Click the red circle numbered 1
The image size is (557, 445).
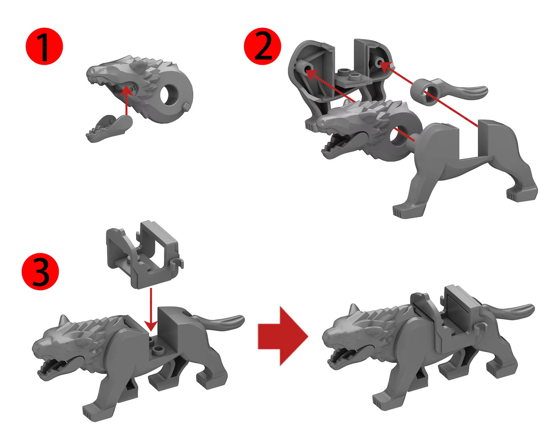[44, 46]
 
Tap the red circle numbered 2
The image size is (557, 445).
[263, 46]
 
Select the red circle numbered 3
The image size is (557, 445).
[40, 271]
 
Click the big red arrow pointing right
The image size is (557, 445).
[283, 336]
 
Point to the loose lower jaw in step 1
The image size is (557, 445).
[109, 129]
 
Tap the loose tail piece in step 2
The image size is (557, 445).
[448, 90]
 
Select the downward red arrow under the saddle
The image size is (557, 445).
[151, 310]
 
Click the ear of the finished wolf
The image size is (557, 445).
[354, 310]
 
